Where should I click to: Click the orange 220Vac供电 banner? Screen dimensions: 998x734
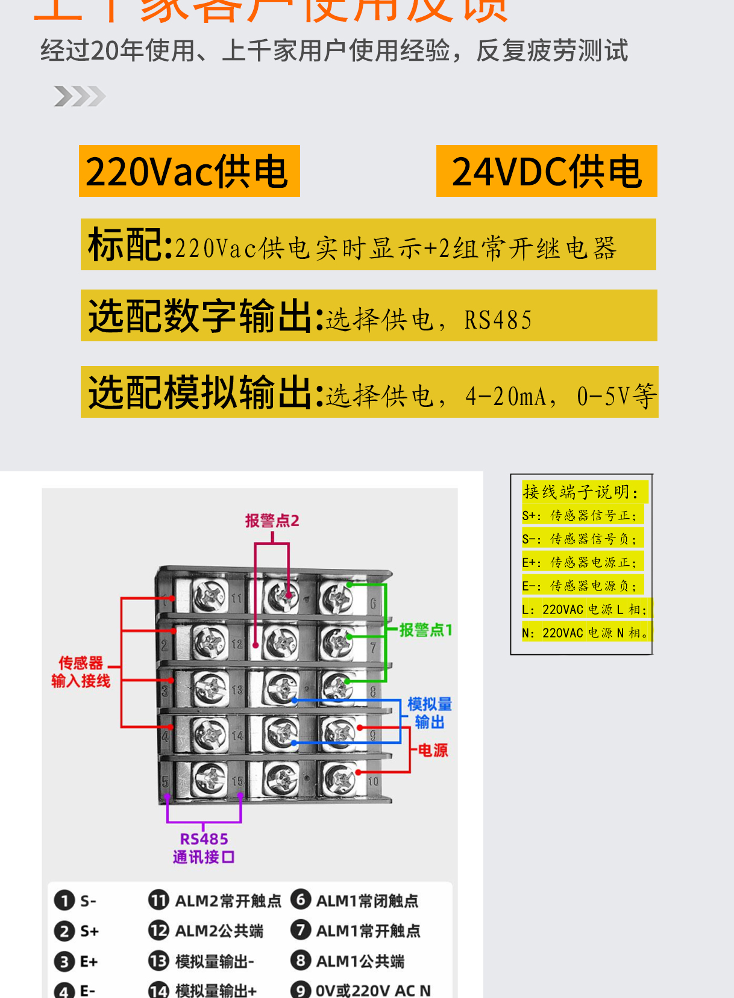click(189, 171)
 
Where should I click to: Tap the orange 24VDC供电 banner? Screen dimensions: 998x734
click(546, 171)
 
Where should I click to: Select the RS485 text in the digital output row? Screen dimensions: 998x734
click(498, 320)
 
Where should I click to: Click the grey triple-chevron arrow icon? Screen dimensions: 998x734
click(80, 96)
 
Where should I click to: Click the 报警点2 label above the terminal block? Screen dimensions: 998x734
click(272, 521)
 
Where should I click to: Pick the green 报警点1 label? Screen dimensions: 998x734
click(425, 630)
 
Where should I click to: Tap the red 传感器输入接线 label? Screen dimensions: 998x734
click(81, 672)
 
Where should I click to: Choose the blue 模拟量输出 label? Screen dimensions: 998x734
click(429, 713)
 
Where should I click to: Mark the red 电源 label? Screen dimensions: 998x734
click(433, 750)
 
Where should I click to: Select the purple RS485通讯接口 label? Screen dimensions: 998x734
click(204, 848)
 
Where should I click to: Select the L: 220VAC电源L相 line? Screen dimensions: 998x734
click(585, 609)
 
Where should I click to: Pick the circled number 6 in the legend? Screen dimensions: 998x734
click(300, 900)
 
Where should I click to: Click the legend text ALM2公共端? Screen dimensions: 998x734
click(219, 931)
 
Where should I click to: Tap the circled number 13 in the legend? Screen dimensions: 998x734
click(158, 961)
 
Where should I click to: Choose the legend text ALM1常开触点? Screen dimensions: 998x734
click(368, 931)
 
